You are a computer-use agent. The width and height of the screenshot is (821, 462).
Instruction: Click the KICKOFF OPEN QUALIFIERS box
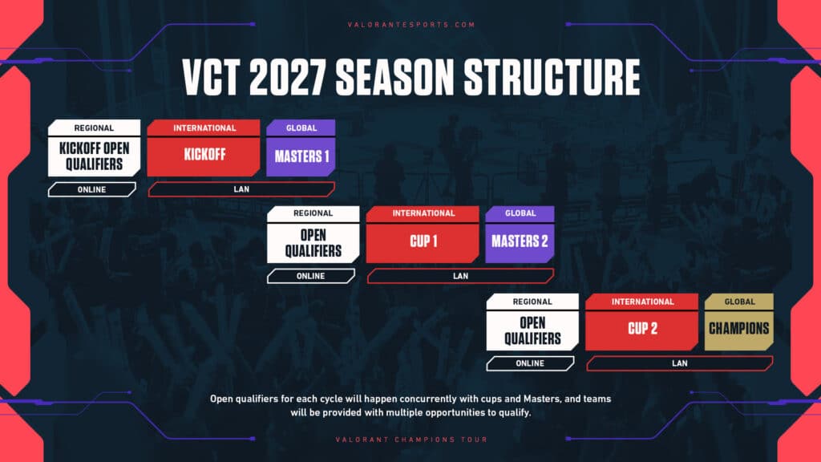94,156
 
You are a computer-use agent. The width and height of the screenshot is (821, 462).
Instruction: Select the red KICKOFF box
204,156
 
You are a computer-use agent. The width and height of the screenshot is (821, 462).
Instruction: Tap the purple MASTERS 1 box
301,156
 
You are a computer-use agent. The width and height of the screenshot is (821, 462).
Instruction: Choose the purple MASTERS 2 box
520,241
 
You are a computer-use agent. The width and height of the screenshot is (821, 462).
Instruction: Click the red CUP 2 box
643,329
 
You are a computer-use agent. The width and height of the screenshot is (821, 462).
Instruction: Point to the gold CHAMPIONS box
738,328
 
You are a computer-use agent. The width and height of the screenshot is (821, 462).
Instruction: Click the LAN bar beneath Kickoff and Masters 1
241,189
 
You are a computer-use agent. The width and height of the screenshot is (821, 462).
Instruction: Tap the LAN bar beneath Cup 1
460,276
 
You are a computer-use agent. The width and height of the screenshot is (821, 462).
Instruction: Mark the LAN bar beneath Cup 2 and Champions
680,363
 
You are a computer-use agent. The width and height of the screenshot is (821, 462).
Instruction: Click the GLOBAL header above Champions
738,302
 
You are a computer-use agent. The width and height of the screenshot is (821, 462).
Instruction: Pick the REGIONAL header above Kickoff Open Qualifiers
94,128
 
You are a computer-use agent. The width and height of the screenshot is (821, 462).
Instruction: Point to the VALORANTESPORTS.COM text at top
410,25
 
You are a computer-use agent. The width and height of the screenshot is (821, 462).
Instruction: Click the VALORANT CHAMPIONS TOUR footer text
410,440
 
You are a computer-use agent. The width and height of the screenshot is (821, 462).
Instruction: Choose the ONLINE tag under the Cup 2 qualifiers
529,363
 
